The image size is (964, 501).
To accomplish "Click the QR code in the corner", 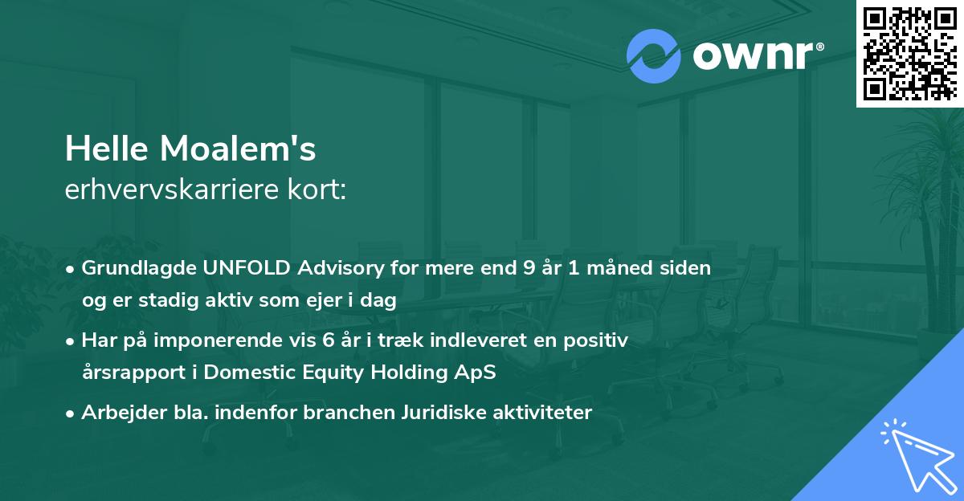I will tap(910, 53).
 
